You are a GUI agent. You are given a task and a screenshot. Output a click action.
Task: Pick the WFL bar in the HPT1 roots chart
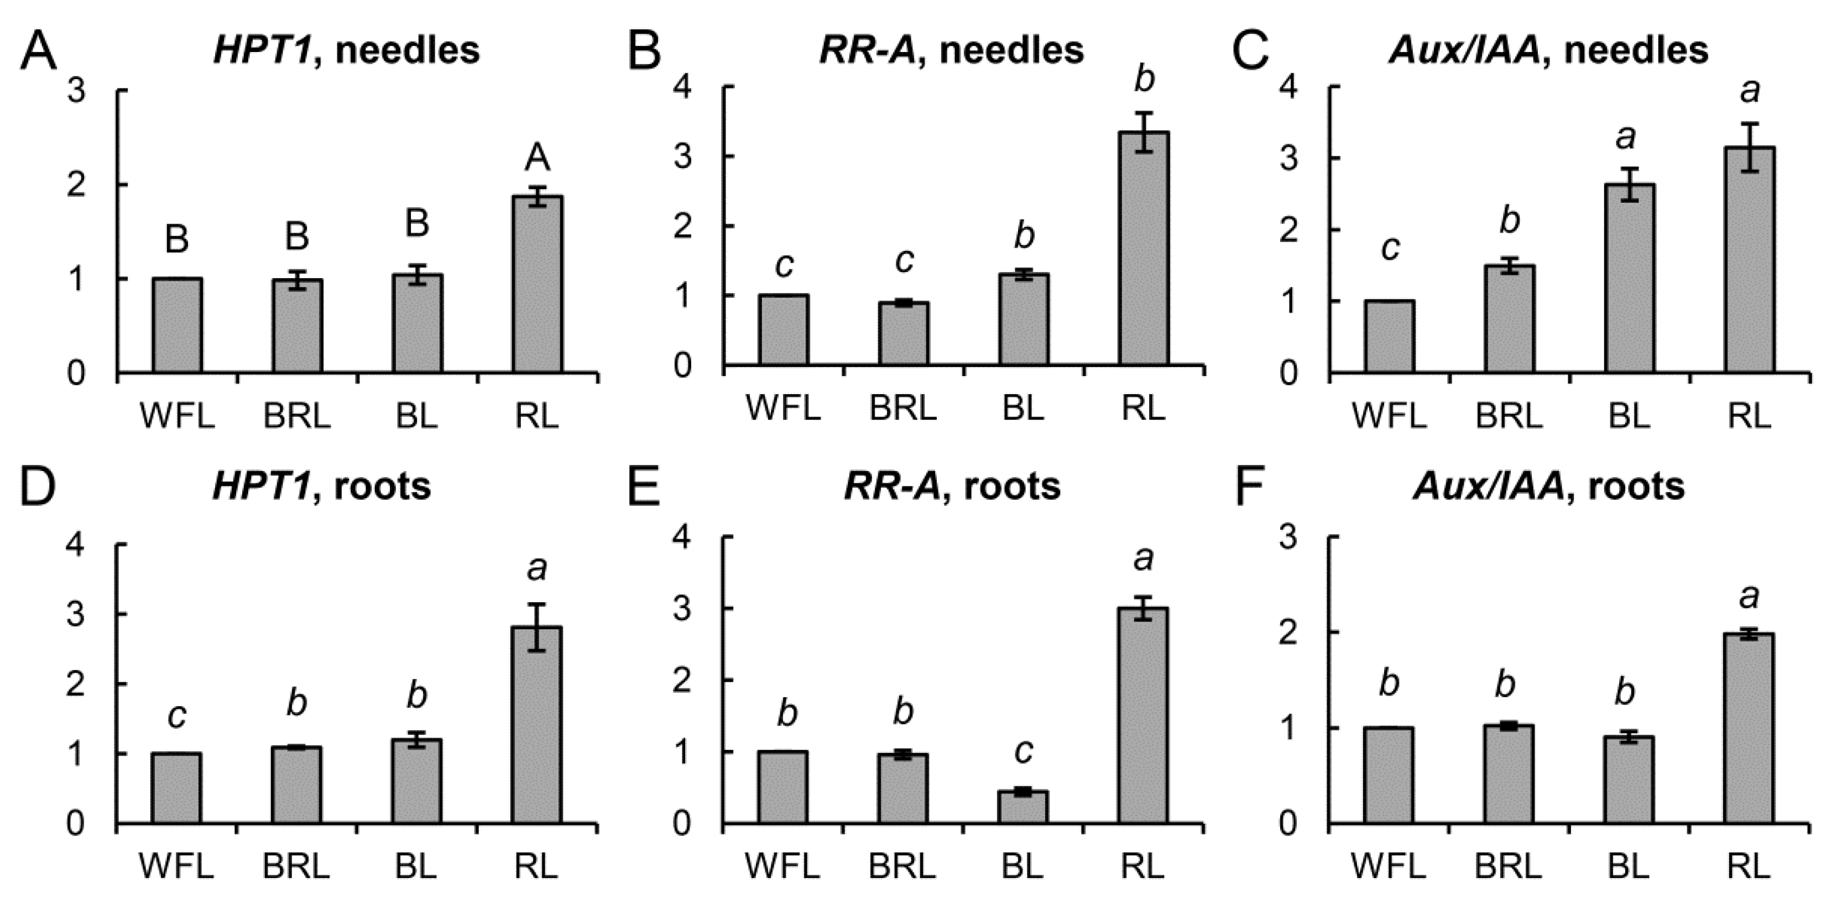[176, 788]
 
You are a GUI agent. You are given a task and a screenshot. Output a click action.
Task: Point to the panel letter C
[1250, 51]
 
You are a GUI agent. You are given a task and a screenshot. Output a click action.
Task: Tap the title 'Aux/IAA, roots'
[1548, 486]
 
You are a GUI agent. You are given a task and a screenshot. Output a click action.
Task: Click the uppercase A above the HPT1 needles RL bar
[537, 158]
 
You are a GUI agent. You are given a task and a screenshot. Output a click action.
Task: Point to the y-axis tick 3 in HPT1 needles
[76, 91]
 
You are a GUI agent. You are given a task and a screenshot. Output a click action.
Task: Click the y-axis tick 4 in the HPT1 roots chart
[75, 545]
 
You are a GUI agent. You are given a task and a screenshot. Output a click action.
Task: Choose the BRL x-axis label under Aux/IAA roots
[1507, 867]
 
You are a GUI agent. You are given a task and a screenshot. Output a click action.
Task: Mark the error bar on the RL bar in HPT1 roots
[537, 628]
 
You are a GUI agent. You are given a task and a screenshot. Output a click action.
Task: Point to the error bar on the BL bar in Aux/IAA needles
[1629, 185]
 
